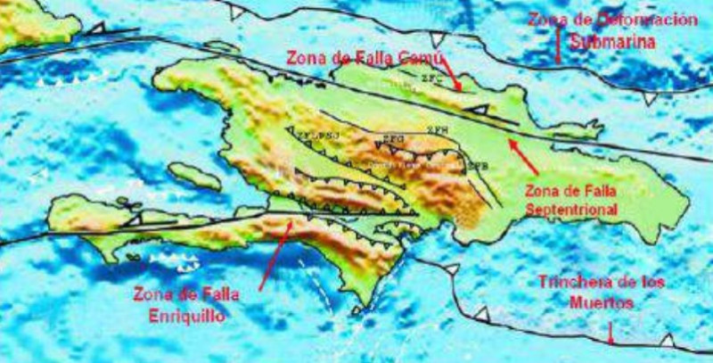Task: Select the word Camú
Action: click(x=409, y=56)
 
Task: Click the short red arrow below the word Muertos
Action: click(x=611, y=334)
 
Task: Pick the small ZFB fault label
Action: click(x=479, y=166)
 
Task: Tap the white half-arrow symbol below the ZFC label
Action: click(x=479, y=108)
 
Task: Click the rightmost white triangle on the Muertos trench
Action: click(x=667, y=340)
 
